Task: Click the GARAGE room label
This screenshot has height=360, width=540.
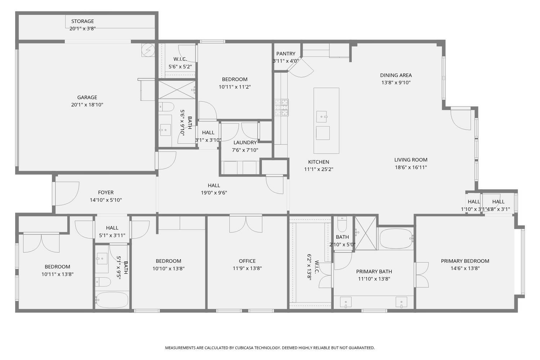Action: click(x=87, y=97)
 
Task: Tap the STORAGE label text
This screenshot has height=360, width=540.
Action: click(x=82, y=21)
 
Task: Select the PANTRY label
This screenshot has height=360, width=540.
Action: click(x=286, y=54)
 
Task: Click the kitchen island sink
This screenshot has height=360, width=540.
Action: click(x=321, y=117)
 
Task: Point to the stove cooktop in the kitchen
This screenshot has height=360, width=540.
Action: click(x=282, y=107)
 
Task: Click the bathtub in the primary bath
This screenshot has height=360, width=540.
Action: click(x=396, y=238)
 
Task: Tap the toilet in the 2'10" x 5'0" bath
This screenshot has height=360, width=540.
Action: click(x=342, y=225)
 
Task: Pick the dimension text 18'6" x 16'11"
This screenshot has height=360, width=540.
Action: click(x=411, y=167)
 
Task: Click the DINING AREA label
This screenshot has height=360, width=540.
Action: click(x=396, y=75)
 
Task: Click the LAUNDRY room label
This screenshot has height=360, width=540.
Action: click(x=245, y=143)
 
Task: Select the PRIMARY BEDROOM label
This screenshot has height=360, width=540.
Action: click(x=465, y=261)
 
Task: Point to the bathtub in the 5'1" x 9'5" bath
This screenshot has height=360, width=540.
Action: click(x=112, y=300)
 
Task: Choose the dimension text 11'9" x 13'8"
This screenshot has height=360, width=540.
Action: click(x=247, y=268)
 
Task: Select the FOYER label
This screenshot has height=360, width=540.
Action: click(x=106, y=193)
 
